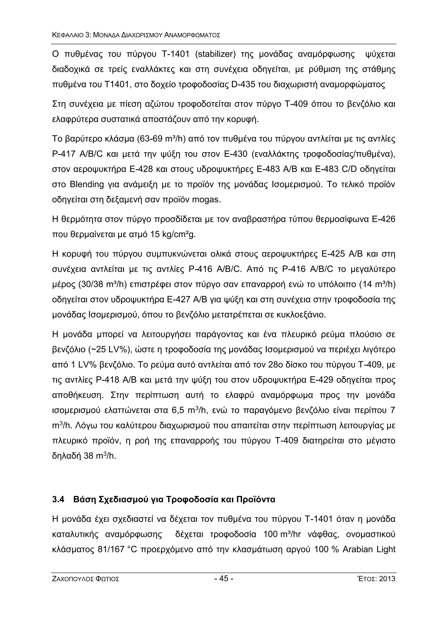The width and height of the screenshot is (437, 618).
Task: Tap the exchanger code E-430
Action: pyautogui.click(x=235, y=154)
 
